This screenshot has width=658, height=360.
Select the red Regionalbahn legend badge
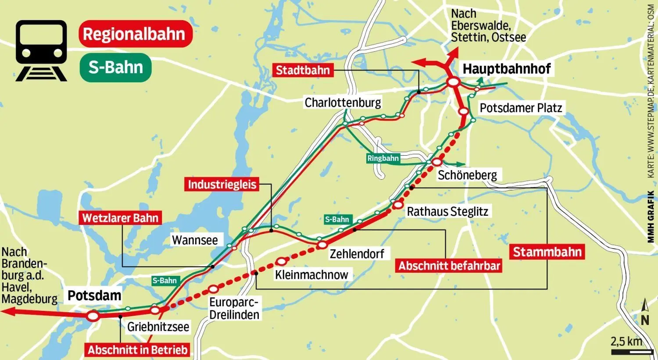coord(135,34)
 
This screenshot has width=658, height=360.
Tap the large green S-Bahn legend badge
coord(116,68)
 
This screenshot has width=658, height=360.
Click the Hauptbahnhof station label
coord(506,69)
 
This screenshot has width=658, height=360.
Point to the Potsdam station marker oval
coord(93,316)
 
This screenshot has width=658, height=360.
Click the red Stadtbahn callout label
coord(302,70)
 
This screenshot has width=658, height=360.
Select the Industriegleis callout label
coord(222,184)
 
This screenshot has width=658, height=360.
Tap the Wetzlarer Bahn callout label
coord(120,218)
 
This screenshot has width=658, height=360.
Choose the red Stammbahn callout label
coord(547,252)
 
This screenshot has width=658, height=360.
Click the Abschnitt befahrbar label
coord(449,266)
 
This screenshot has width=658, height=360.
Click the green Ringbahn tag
coord(383,158)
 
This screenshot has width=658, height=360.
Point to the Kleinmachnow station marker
coord(282,262)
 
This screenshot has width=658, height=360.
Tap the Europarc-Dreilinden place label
coord(234,309)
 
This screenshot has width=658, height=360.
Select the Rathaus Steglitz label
coord(447,211)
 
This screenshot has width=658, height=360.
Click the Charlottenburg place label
coord(343,103)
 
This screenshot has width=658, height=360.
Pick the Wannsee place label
coord(194,240)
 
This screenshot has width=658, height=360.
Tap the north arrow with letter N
coord(644,313)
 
